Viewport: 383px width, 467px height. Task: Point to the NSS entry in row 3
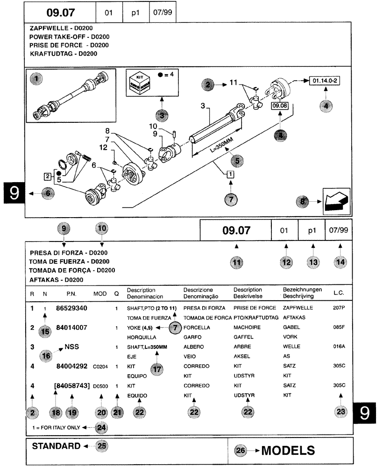tap(71, 347)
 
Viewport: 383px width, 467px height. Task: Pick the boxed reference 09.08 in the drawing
tap(281, 106)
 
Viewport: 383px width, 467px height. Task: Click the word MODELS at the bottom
tap(288, 450)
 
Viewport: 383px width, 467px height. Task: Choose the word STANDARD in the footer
tap(56, 446)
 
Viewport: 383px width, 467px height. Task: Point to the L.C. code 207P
tap(339, 309)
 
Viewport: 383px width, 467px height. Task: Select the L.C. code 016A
tap(339, 347)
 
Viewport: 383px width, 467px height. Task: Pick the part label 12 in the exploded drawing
tap(103, 148)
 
